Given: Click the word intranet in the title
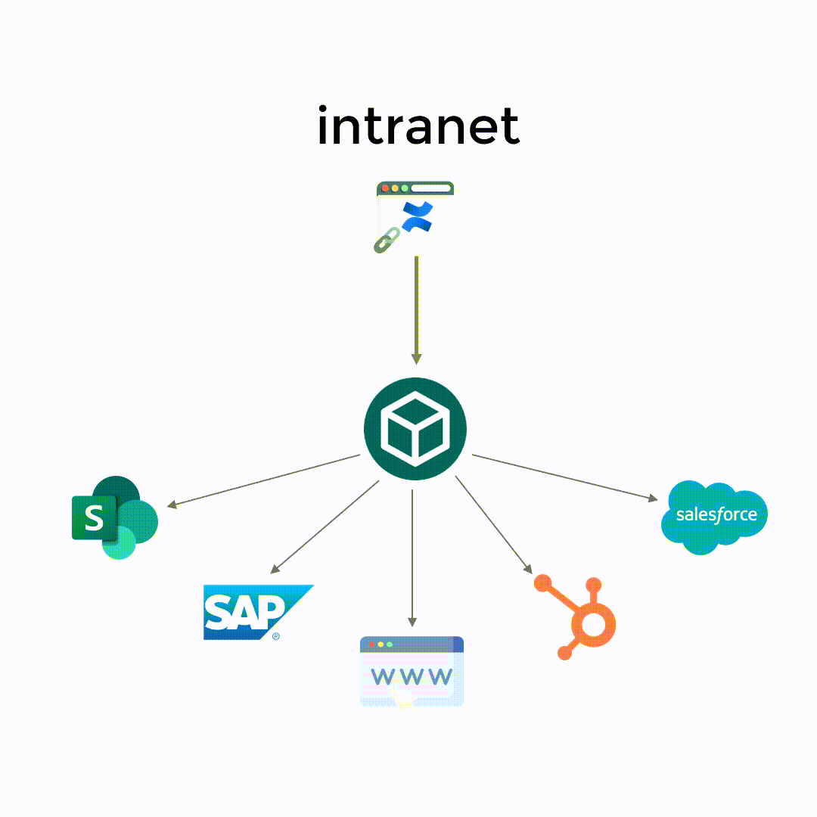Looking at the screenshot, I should (x=418, y=126).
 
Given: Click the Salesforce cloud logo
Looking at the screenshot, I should (x=714, y=516).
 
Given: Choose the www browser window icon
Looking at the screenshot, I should (x=412, y=671).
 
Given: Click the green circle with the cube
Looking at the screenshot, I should (x=415, y=429).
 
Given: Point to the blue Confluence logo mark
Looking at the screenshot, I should (x=416, y=216).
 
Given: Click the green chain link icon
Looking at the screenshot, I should (x=387, y=238).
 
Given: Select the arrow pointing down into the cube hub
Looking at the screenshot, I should (x=415, y=310).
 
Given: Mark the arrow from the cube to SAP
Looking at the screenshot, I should (x=325, y=527).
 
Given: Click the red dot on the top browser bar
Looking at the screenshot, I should (x=385, y=188).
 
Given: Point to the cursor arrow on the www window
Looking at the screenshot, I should (x=404, y=701).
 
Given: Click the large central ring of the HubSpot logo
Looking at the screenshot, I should (x=593, y=625).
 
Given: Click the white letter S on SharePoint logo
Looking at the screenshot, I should (x=93, y=518).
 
